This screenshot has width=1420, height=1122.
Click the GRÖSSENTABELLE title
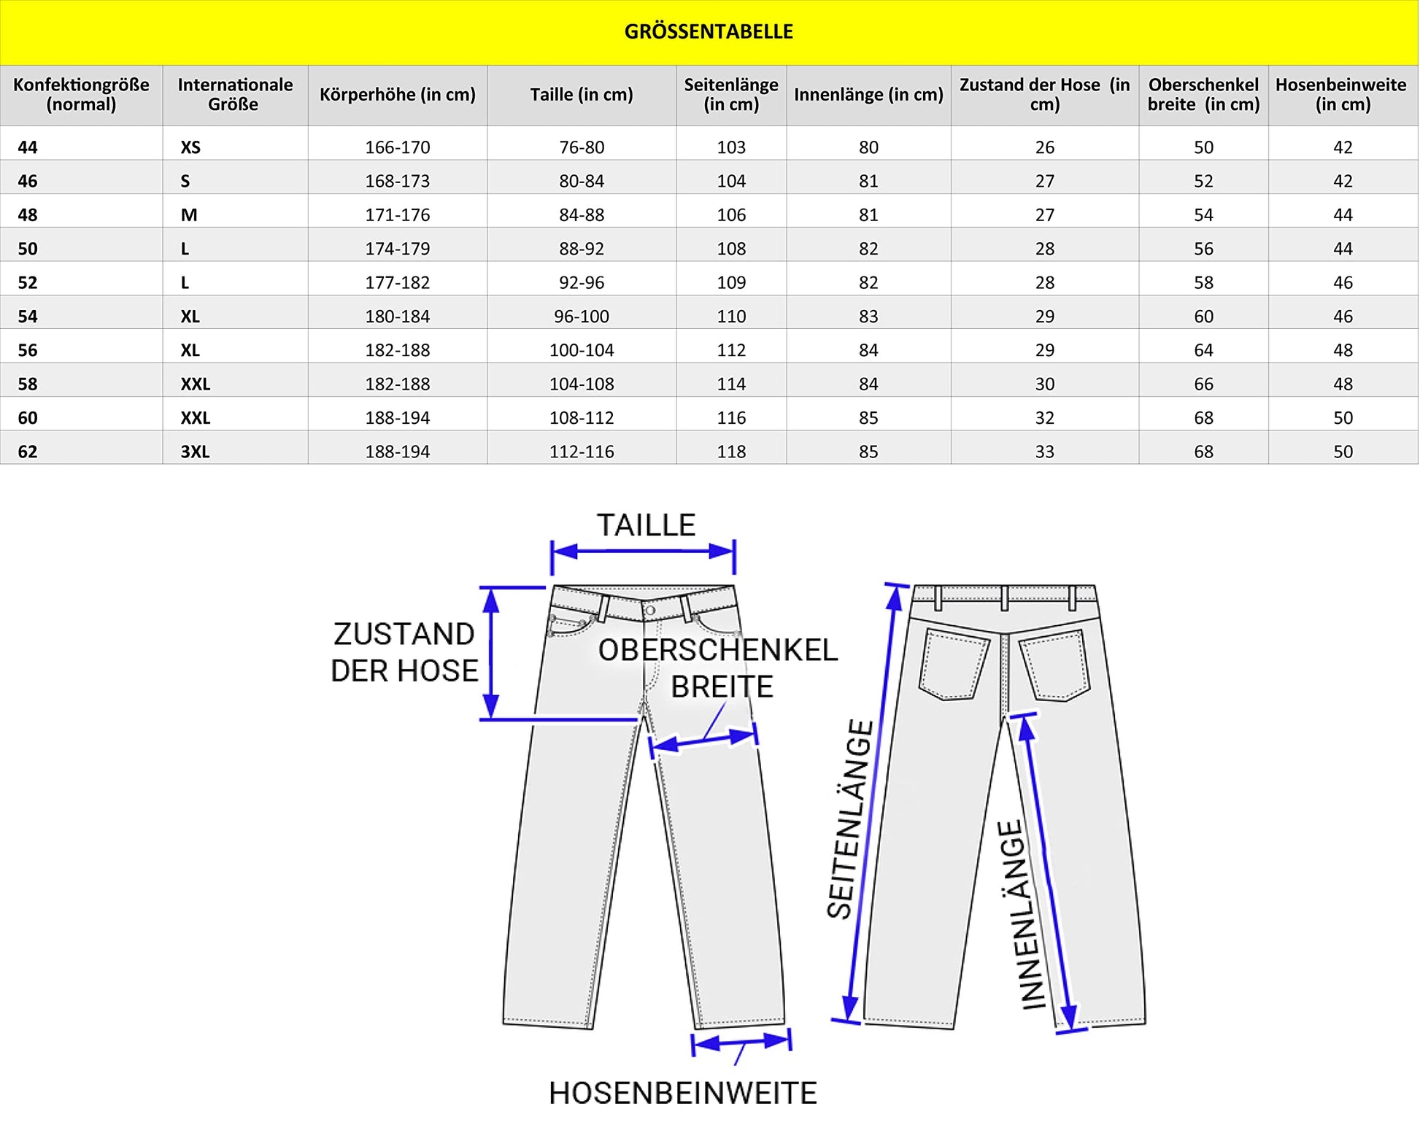point(709,31)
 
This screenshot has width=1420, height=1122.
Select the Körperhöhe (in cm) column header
point(397,95)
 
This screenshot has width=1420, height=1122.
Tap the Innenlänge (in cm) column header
point(868,95)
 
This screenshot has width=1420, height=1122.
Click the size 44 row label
point(28,147)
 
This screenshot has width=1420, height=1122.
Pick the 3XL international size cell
point(195,452)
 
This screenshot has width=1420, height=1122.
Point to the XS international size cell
point(190,147)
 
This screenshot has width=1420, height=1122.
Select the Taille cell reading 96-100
point(582,317)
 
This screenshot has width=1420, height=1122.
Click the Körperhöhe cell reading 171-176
point(397,215)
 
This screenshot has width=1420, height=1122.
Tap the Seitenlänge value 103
point(731,147)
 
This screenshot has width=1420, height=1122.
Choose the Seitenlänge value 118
point(731,452)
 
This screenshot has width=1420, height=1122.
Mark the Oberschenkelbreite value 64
point(1203,350)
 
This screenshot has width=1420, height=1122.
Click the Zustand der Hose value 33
point(1044,452)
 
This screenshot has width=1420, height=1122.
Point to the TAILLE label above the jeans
point(646,525)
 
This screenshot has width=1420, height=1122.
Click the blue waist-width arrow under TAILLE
point(643,552)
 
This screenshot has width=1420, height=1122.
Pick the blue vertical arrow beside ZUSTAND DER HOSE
point(491,653)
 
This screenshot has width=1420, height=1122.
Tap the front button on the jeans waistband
point(649,610)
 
